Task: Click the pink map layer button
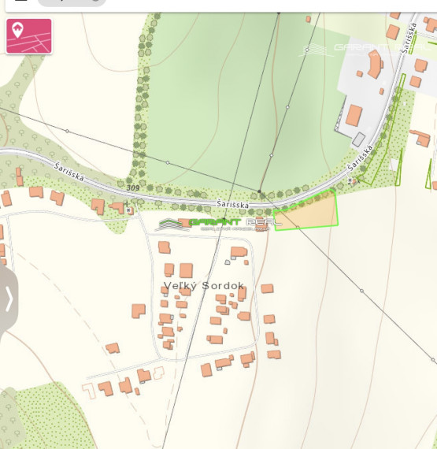point(29,36)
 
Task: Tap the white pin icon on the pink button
point(17,30)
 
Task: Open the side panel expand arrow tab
point(9,299)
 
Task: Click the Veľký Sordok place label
point(204,285)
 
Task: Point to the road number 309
point(132,187)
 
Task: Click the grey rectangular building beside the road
point(359,139)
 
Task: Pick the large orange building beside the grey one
point(354,117)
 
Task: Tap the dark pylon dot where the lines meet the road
point(260,191)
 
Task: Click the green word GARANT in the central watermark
point(213,222)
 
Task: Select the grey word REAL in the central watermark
point(264,222)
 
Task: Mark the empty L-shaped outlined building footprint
point(238,253)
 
